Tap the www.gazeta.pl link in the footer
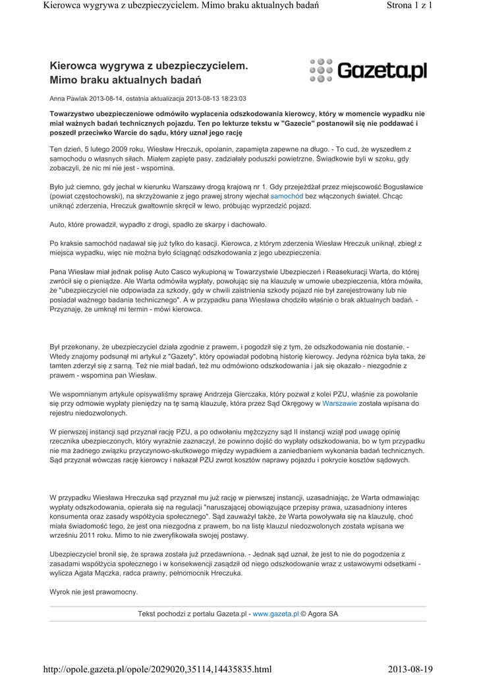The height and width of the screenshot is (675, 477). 275,614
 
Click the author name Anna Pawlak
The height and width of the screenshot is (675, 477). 69,99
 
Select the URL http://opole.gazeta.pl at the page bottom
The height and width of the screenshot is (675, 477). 157,669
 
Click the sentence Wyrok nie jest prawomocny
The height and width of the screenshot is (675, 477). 94,592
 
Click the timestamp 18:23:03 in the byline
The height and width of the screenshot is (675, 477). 233,99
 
